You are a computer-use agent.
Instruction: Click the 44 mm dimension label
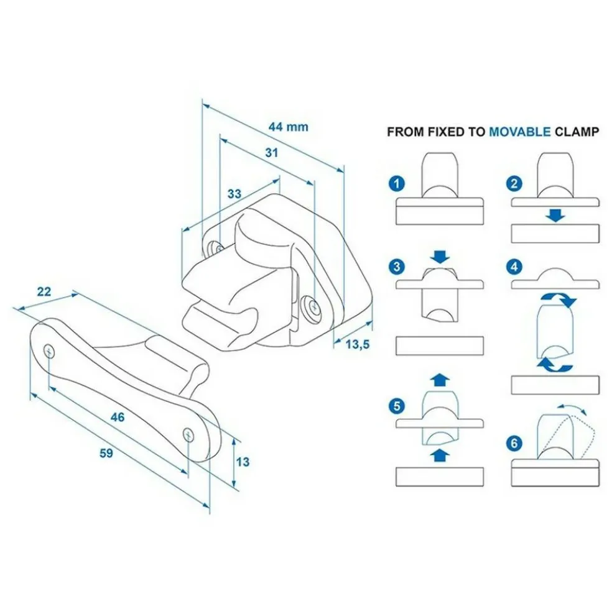288,127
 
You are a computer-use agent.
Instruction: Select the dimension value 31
271,152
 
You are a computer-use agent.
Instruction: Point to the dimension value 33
234,193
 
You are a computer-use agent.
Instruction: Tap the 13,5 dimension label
357,344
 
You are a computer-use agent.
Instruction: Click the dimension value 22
44,291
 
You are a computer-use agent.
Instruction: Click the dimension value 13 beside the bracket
243,462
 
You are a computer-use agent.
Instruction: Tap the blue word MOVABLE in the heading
519,132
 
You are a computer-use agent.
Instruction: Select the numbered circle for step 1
396,183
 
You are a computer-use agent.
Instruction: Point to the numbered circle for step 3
396,268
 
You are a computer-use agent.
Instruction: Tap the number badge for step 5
396,407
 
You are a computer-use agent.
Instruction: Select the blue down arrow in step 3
440,256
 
